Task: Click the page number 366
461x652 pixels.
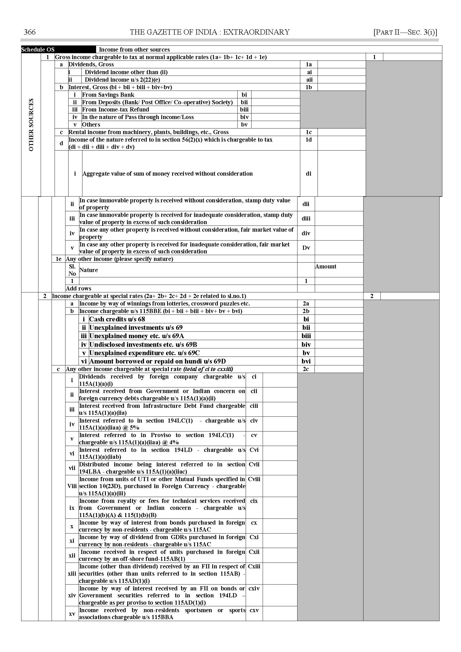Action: [30, 32]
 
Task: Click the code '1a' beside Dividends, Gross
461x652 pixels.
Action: [309, 64]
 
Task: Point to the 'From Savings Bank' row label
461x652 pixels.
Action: [108, 94]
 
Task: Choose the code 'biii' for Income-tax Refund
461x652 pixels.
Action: [244, 110]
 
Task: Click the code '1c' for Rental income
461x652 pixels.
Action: [309, 132]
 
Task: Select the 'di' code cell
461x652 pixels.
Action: [309, 174]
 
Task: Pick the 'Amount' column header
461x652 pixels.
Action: [326, 266]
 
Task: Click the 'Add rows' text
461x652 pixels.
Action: [78, 288]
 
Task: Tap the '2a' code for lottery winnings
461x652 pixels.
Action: [306, 303]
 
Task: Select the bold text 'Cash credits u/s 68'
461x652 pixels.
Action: [117, 319]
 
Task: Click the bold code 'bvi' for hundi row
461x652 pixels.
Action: [306, 361]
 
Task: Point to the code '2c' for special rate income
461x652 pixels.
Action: [306, 369]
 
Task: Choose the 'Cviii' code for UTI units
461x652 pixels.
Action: [254, 479]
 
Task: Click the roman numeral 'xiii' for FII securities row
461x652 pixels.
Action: [72, 574]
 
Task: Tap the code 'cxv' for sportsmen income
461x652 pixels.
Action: [254, 610]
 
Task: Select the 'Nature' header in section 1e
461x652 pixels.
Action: [89, 270]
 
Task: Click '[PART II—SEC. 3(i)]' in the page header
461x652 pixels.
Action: [405, 32]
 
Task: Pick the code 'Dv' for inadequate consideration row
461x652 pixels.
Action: [306, 248]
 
